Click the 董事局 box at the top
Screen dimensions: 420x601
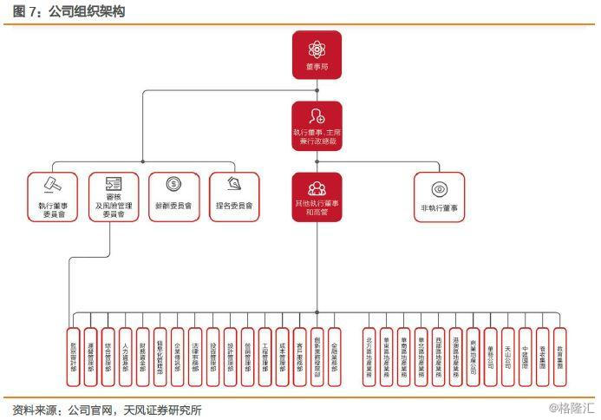click(x=317, y=55)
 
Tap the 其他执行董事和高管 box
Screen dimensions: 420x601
click(x=317, y=197)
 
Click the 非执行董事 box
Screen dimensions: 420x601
click(x=439, y=197)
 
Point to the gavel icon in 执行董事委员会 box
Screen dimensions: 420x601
click(x=52, y=185)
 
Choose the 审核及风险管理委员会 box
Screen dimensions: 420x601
click(x=114, y=197)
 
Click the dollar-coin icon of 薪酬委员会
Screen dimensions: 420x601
click(x=173, y=184)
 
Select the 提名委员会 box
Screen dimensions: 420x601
click(x=234, y=197)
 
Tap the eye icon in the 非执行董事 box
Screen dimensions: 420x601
click(x=439, y=188)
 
